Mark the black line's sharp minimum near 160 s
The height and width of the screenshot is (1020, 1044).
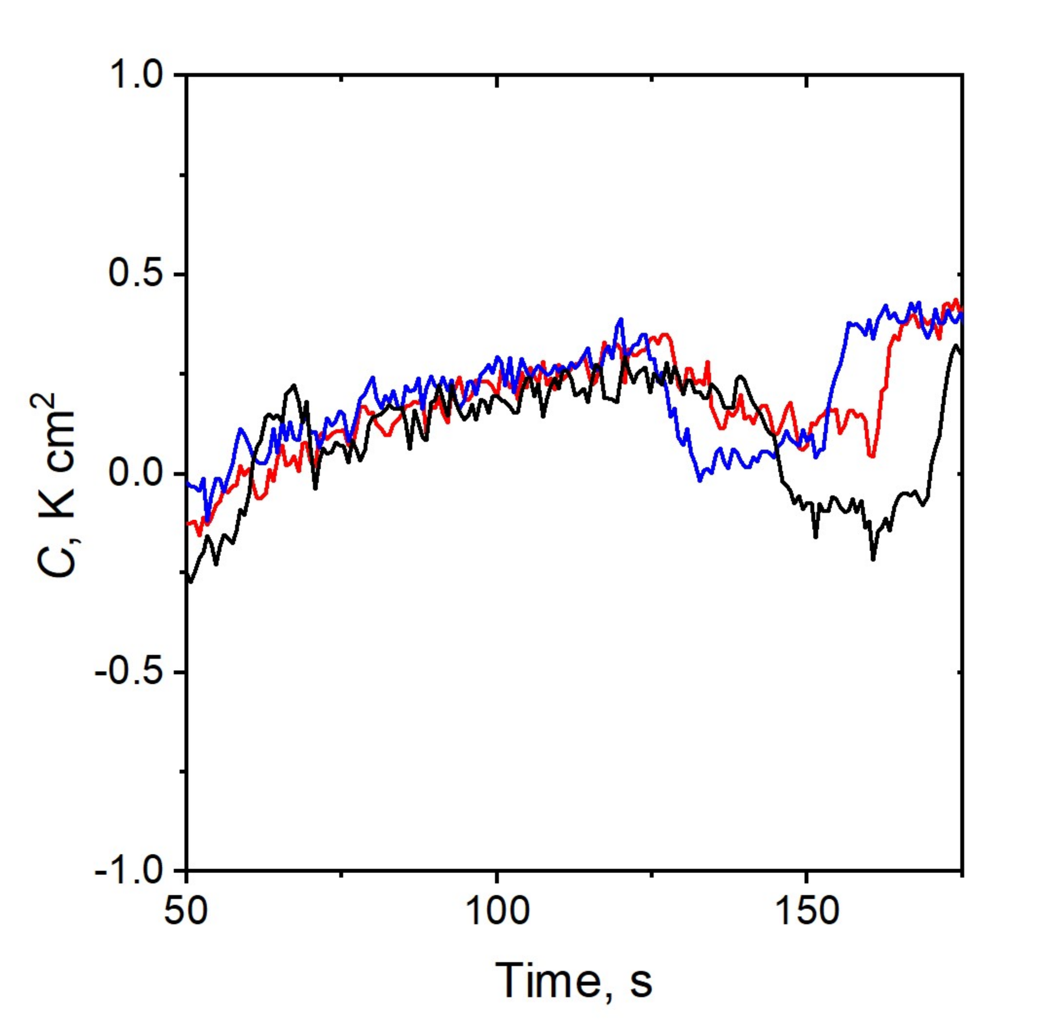click(x=873, y=559)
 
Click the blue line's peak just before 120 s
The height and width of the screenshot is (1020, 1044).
click(x=622, y=319)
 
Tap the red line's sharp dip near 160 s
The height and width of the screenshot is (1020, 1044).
click(x=873, y=456)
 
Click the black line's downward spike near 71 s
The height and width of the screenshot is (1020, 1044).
click(x=315, y=488)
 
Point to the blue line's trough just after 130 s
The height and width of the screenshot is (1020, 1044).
click(x=699, y=480)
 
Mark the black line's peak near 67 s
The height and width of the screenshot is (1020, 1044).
click(x=293, y=385)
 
